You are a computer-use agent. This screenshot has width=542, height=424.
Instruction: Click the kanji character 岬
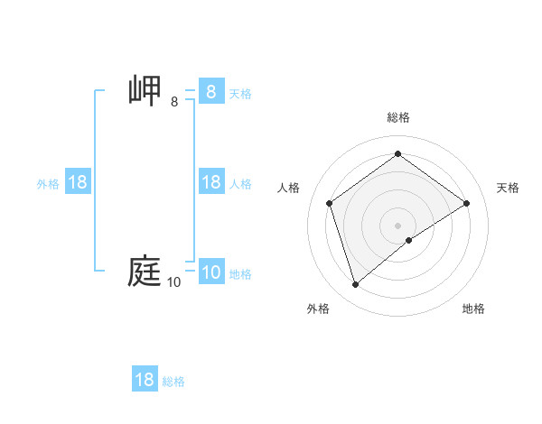(145, 91)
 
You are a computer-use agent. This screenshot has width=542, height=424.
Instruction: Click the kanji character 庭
(145, 272)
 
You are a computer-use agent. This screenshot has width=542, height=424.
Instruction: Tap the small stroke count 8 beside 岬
(174, 102)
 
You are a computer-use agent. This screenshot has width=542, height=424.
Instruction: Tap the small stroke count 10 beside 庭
(173, 282)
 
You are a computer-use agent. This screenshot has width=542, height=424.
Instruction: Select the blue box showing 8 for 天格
(210, 92)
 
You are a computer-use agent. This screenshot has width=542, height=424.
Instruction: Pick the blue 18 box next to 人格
(210, 182)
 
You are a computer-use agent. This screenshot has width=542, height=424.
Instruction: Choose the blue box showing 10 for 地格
(210, 272)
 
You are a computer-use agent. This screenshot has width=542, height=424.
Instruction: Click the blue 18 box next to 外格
(78, 182)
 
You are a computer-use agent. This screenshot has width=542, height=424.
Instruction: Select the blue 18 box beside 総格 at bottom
(145, 380)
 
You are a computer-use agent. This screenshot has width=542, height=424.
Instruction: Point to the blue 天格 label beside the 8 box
(240, 93)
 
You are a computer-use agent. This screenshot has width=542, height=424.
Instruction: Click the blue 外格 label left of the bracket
(48, 183)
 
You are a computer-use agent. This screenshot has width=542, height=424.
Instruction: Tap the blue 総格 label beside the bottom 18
(173, 382)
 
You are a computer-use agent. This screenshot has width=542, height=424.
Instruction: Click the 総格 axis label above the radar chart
(398, 117)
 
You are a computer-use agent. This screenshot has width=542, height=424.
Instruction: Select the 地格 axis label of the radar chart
(473, 309)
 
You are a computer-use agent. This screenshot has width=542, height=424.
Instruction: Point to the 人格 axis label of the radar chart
(289, 188)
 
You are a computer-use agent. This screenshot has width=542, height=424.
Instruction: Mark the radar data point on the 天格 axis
(466, 203)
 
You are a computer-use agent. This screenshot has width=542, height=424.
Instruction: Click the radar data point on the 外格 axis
(355, 285)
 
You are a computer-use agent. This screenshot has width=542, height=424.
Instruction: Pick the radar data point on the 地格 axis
(409, 240)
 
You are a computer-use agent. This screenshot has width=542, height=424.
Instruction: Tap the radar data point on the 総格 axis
(398, 154)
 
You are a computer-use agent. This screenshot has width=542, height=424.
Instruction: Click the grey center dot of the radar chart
(398, 225)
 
